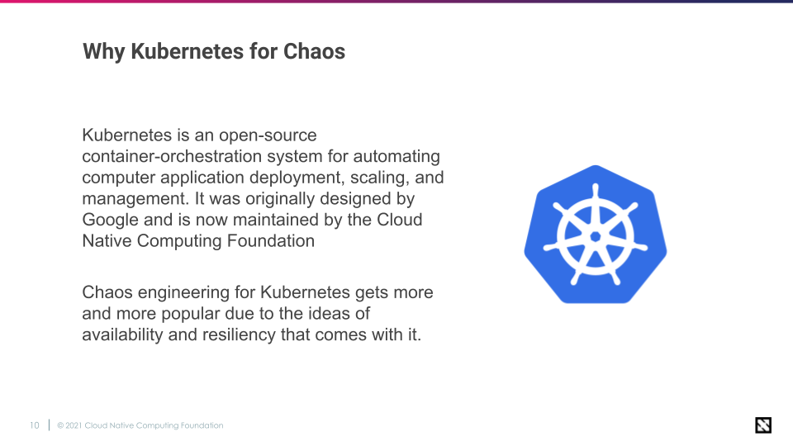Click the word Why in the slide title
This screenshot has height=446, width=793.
[104, 52]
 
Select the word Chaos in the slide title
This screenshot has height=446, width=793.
[314, 51]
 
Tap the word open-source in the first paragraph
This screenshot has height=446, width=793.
[268, 135]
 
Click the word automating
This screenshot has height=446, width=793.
[396, 157]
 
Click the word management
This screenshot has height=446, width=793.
[136, 199]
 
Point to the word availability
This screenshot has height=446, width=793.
[122, 334]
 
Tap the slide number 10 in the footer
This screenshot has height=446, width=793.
[35, 426]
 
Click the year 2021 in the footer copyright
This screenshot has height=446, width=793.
[74, 426]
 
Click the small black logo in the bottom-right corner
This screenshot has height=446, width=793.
[763, 425]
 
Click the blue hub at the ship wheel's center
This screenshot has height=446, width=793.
[596, 236]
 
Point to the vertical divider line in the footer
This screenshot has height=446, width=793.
[49, 425]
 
